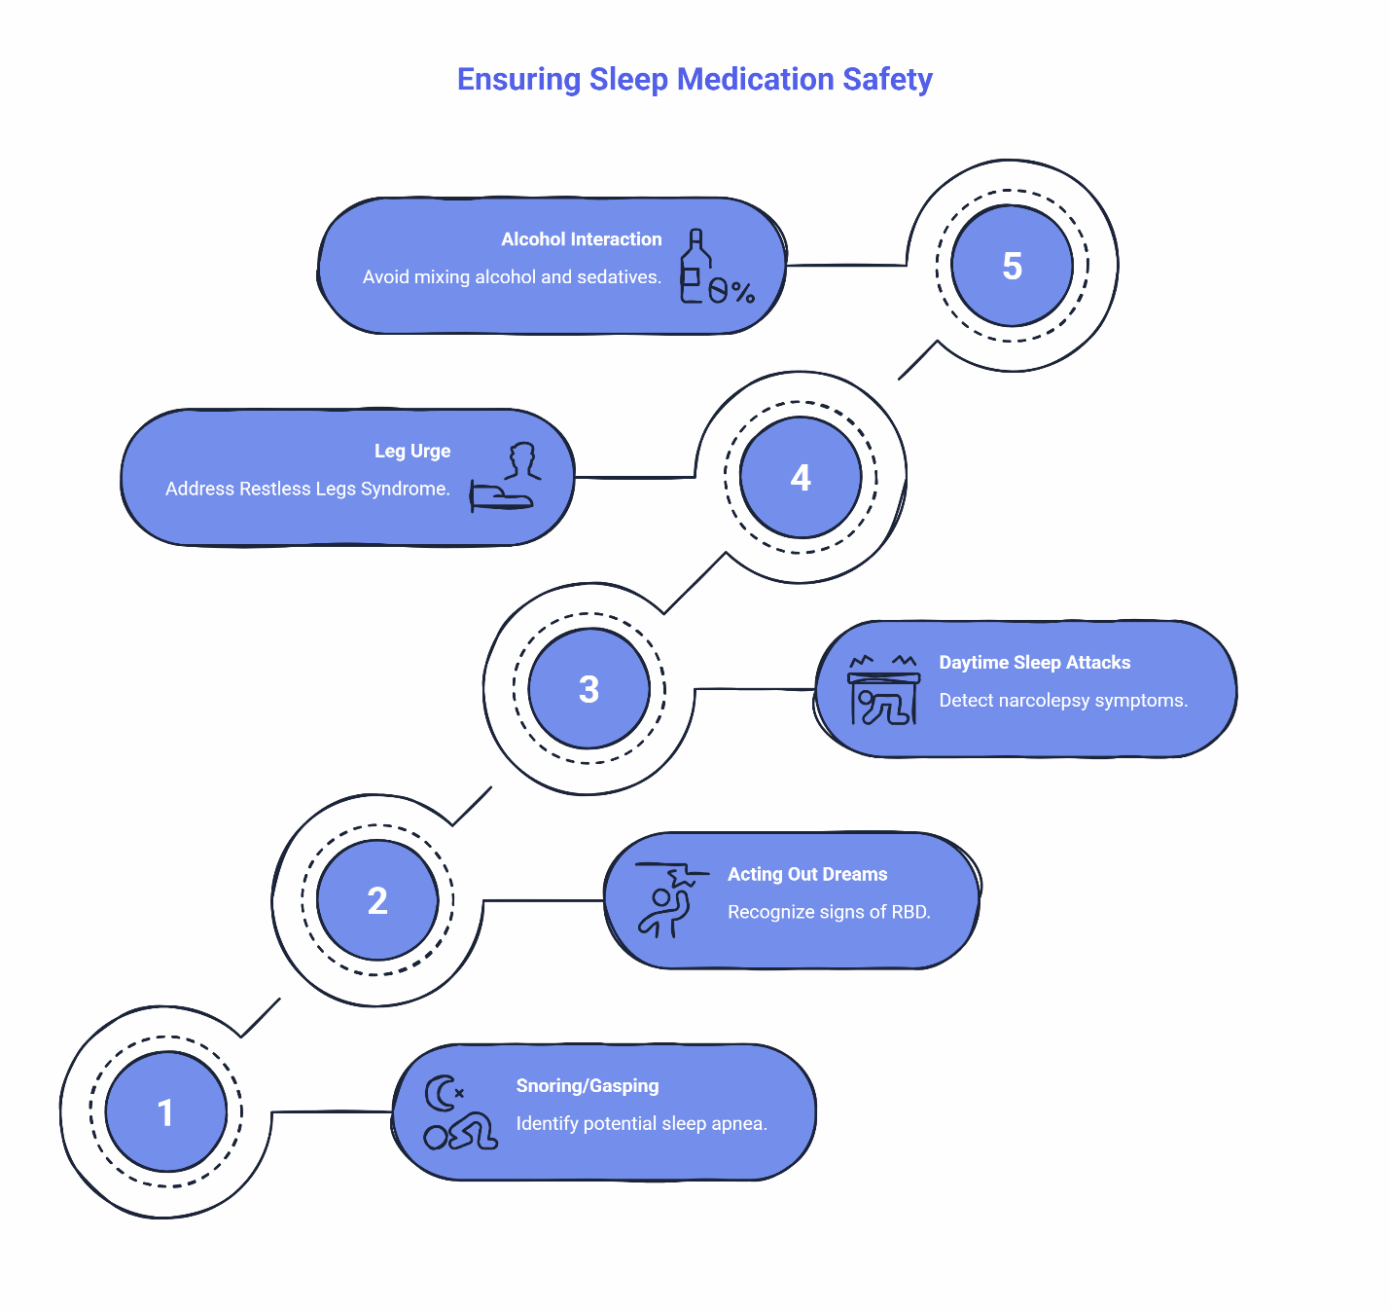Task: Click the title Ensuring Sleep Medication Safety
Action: [x=695, y=79]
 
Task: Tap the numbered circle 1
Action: [x=165, y=1111]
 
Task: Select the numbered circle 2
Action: [x=377, y=900]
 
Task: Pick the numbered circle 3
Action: [x=588, y=689]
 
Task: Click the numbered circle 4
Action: [x=801, y=477]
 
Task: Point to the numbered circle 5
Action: [x=1012, y=266]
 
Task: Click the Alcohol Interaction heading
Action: [x=581, y=239]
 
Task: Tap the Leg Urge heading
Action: [x=412, y=451]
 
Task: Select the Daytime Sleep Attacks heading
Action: [x=1034, y=663]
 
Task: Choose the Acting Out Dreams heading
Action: [x=807, y=874]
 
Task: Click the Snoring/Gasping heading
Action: [x=587, y=1085]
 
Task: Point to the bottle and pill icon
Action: [x=715, y=268]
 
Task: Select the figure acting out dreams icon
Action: [x=668, y=900]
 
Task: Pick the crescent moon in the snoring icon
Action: [x=441, y=1094]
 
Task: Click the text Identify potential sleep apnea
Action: [x=641, y=1123]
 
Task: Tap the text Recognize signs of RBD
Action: [x=829, y=912]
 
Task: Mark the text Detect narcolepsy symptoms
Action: [x=1063, y=701]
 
